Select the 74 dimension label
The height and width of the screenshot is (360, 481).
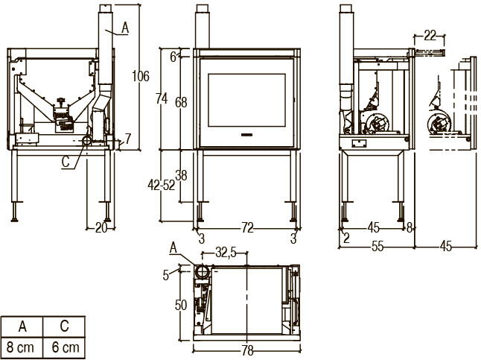(x=171, y=98)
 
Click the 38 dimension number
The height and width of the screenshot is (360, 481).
(x=181, y=176)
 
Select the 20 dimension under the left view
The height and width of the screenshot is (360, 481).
(x=101, y=228)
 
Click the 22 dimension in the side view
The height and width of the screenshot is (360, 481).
(x=430, y=34)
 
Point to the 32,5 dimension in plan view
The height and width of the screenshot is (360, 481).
(x=226, y=253)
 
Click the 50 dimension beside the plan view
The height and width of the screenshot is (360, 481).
(x=181, y=304)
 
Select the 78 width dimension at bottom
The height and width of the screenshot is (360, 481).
(x=246, y=351)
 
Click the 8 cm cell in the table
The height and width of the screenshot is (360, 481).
(x=22, y=347)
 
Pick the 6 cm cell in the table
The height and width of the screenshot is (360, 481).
(x=65, y=347)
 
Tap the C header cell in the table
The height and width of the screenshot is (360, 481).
(x=65, y=326)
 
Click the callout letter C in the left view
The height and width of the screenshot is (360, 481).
(x=68, y=159)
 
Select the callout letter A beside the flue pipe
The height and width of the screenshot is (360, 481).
(x=124, y=28)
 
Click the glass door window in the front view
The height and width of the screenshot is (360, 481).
(x=248, y=99)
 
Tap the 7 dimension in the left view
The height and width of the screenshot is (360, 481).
(x=127, y=138)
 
